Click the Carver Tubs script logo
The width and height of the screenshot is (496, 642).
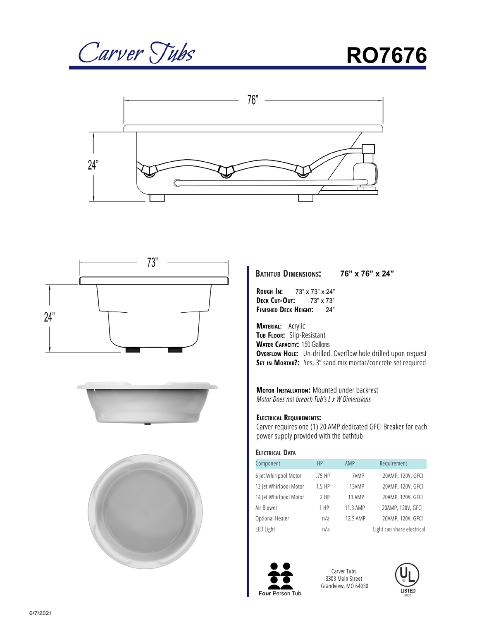pos(136,53)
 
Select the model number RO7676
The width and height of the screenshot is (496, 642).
pos(386,55)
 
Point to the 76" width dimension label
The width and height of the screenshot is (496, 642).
pos(253,100)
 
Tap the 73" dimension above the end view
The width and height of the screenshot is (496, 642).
pos(152,262)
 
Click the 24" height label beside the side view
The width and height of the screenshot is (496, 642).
pos(93,165)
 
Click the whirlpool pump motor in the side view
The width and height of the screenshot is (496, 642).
pos(365,172)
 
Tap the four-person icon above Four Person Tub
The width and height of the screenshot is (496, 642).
pos(280,576)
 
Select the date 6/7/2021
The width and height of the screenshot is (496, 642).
pos(41,613)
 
